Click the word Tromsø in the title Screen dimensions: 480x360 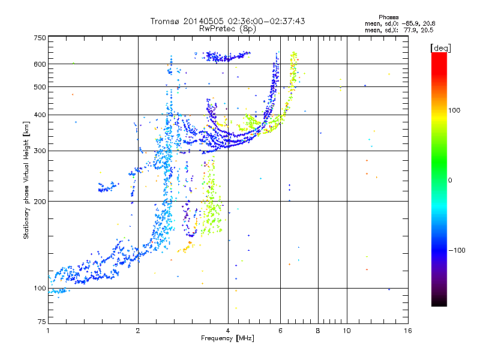pos(166,21)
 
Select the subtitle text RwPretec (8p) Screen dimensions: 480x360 pos(227,29)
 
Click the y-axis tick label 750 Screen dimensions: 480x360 pos(40,38)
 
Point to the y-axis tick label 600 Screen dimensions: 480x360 pos(40,64)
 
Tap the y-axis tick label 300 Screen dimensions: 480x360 pos(40,151)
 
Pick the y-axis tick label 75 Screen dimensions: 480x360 pos(42,322)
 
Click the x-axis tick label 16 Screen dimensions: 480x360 pos(408,331)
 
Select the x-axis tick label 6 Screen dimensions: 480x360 pos(280,331)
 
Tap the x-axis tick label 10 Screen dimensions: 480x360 pos(347,331)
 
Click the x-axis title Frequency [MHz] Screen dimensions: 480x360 pos(227,338)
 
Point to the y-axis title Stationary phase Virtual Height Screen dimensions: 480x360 pos(26,181)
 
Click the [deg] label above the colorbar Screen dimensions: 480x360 pos(440,48)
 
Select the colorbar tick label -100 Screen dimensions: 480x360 pos(457,250)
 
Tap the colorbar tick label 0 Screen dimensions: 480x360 pos(450,180)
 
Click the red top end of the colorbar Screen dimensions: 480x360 pos(439,54)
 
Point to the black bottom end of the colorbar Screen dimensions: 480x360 pos(439,304)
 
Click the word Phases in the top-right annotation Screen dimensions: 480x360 pos(388,17)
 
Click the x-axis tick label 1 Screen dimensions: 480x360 pos(49,331)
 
